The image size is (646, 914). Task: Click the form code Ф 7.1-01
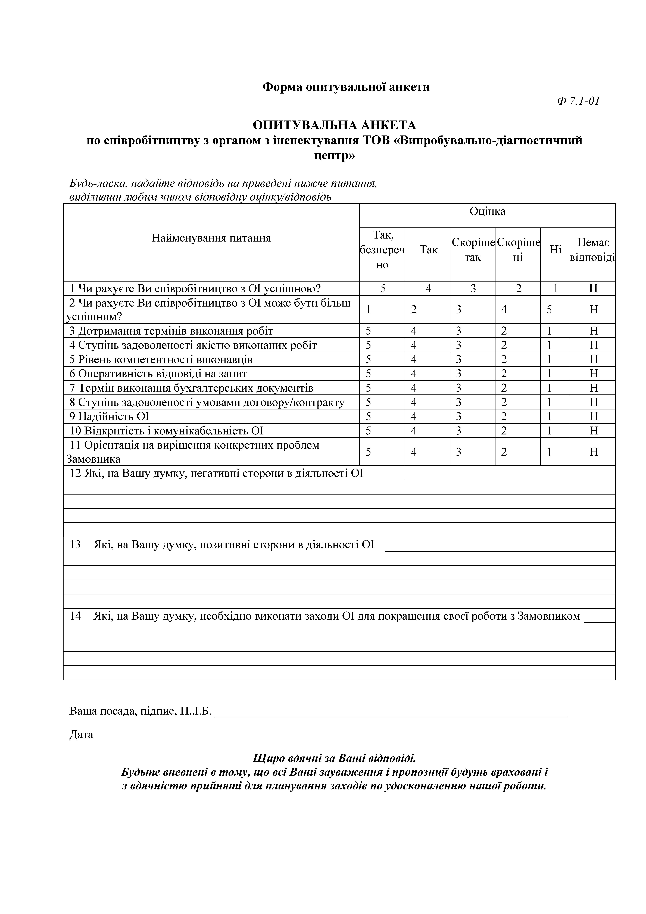(578, 101)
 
